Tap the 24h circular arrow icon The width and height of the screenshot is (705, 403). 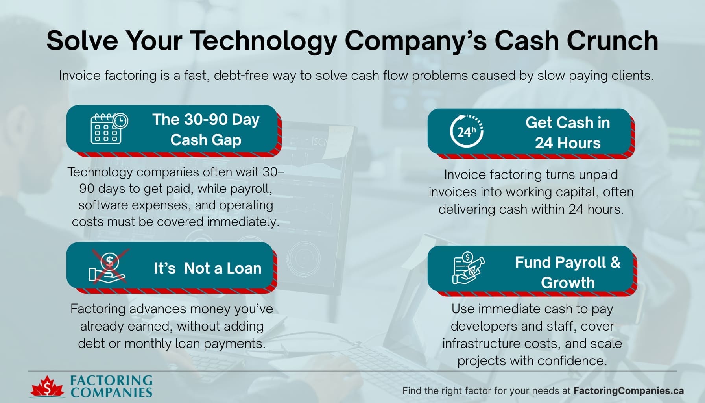(x=467, y=131)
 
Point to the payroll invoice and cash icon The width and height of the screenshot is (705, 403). (x=468, y=268)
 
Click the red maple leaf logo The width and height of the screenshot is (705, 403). (x=47, y=387)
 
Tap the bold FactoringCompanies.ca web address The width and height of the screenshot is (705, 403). (x=628, y=391)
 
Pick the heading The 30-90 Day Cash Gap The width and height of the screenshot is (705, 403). (x=206, y=129)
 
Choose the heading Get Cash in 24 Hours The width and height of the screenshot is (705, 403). (x=567, y=133)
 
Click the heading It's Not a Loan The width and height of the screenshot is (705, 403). (x=207, y=268)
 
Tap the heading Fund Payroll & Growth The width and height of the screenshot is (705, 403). (x=567, y=272)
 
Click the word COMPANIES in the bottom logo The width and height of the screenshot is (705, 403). (x=111, y=392)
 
